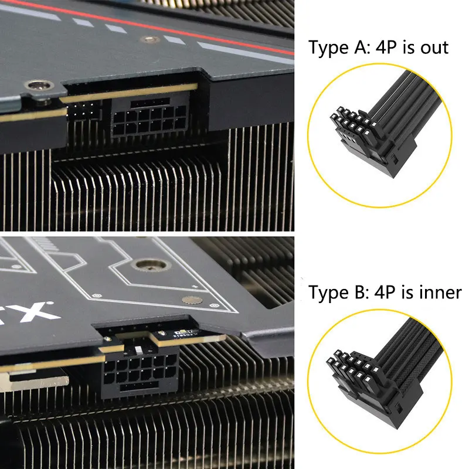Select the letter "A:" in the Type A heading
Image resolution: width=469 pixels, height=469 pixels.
click(x=362, y=47)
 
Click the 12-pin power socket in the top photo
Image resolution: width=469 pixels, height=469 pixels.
click(x=149, y=118)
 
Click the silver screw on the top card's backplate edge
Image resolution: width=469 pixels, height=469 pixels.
click(x=39, y=85)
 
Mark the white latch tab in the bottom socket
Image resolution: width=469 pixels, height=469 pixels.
click(x=139, y=350)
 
